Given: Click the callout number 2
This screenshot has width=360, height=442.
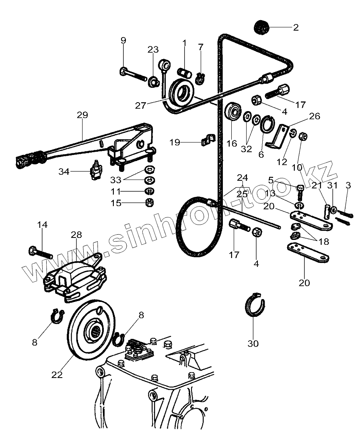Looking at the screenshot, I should point(296,27).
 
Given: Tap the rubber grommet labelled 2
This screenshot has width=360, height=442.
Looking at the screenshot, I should point(262,28).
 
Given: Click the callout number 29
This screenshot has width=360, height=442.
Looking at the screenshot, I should point(82,115).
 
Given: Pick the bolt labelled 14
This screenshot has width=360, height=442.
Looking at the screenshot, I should point(40,252).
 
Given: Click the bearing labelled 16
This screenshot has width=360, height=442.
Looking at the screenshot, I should point(233,111).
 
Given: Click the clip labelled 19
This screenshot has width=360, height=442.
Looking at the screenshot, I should point(207,140).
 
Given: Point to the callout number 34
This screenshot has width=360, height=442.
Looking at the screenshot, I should point(64,171).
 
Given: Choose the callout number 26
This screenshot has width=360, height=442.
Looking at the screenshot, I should point(314,116).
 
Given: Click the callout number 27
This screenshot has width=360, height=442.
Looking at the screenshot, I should point(140,106).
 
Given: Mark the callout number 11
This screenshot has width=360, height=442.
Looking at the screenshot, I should point(116,191).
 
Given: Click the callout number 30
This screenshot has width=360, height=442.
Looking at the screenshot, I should point(253,343).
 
